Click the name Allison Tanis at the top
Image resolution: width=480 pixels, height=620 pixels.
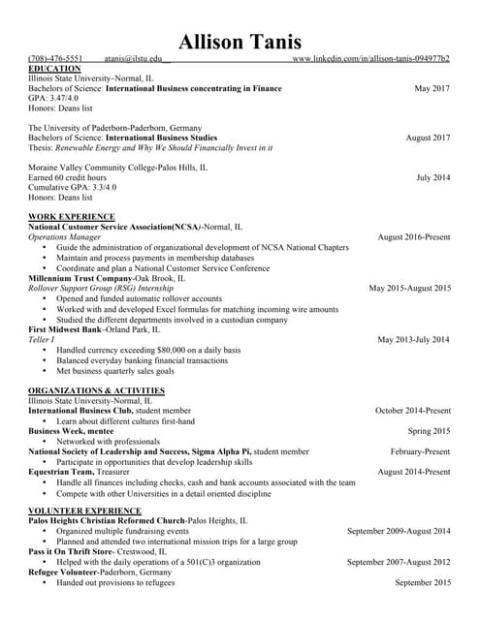[x=240, y=42]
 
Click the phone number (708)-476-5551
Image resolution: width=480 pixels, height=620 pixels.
[x=55, y=59]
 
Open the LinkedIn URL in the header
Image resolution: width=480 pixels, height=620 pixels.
[x=370, y=59]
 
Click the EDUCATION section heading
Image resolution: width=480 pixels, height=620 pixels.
[x=55, y=69]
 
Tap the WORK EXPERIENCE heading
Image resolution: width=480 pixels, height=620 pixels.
[x=72, y=216]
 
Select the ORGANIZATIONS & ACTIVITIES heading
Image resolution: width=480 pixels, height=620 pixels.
[x=96, y=390]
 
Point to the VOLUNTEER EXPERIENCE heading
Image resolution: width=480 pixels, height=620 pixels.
[x=84, y=510]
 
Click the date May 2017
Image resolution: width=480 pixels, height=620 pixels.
[x=432, y=89]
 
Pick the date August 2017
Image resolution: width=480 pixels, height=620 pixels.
[x=428, y=138]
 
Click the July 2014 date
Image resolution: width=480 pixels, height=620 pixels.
[x=432, y=177]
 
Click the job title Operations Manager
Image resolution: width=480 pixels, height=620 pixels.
[x=64, y=236]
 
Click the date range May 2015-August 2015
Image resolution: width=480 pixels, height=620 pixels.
[x=409, y=288]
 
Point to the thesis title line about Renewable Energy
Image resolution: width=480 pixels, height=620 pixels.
[x=150, y=147]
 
